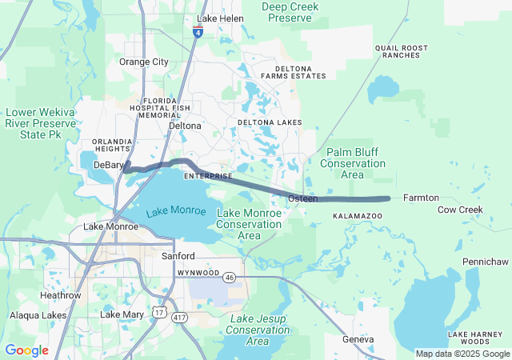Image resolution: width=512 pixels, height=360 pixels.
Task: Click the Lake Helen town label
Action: click(x=220, y=18)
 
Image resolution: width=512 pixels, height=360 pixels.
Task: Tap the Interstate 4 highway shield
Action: click(x=198, y=31)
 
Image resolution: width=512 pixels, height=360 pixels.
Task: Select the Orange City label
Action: click(x=144, y=62)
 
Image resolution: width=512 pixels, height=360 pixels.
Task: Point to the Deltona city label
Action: click(x=185, y=126)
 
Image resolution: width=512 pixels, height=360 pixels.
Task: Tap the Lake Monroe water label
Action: click(x=176, y=211)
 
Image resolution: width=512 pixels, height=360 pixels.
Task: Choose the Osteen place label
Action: click(x=302, y=198)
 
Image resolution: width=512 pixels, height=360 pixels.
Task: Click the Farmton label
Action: click(x=421, y=198)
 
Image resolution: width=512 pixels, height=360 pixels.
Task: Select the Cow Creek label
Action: click(x=460, y=210)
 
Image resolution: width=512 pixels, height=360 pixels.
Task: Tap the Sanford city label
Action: click(x=178, y=256)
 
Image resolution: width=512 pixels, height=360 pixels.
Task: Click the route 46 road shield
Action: click(x=230, y=277)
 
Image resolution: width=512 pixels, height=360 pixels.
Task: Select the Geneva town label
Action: click(x=358, y=339)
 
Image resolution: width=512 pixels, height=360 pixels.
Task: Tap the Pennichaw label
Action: click(x=486, y=262)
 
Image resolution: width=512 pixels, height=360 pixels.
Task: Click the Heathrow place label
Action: click(x=61, y=295)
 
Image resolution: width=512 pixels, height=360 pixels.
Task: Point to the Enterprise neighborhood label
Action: click(x=208, y=176)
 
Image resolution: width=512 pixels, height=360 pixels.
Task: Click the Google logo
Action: click(x=26, y=350)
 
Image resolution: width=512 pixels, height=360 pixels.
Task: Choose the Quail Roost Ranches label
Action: click(x=398, y=52)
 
